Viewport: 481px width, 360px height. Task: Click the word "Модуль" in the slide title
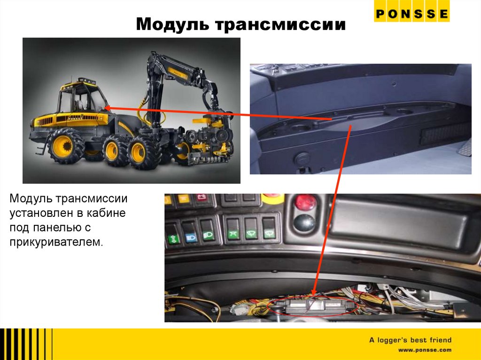point(172,24)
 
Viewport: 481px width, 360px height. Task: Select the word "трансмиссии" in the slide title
point(280,24)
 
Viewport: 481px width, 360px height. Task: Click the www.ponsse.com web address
point(425,350)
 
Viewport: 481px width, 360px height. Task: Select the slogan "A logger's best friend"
point(410,340)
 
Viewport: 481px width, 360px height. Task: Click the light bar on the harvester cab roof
point(86,81)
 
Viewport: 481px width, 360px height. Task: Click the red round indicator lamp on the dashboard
point(305,202)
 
